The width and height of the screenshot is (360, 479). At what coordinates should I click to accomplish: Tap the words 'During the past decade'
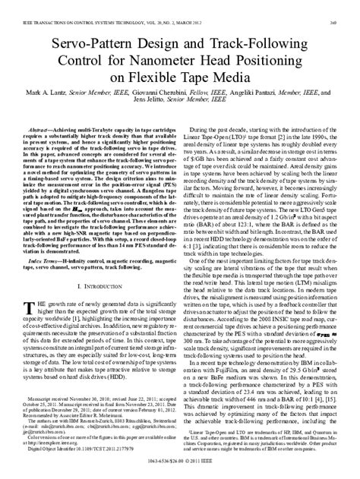click(226, 130)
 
